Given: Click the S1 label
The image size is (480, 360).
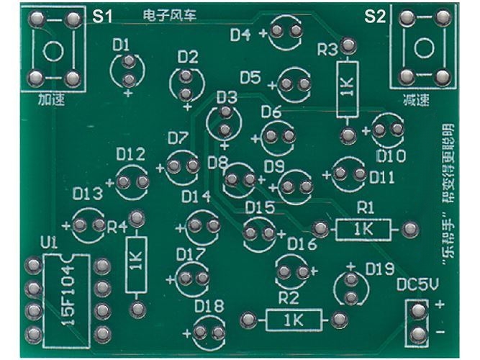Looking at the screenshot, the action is tap(102, 17).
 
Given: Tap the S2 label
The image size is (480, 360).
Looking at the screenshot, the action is tap(375, 17).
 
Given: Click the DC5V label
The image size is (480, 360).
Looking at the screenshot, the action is tap(417, 284).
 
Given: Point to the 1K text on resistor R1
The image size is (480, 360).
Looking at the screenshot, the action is tap(363, 229).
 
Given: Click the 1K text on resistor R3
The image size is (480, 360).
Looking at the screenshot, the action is tap(347, 86).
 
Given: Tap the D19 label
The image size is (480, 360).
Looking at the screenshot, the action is tap(380, 269).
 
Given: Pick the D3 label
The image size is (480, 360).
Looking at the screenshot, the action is tap(227, 98).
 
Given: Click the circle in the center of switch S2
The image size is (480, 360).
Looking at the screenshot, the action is tap(424, 48).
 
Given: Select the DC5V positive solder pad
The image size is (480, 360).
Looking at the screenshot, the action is tap(417, 310).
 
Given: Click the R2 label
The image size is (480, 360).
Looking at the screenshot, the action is tap(289, 298).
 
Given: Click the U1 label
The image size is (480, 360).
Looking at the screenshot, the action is tap(49, 244).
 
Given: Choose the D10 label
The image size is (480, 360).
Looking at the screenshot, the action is tap(391, 156).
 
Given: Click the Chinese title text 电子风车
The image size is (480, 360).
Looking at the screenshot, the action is tap(169, 15).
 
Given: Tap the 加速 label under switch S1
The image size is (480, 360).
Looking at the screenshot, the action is tap(51, 100).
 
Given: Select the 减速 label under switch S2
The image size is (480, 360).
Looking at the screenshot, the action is tap(416, 100).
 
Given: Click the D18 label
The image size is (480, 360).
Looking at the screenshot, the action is tap(209, 305).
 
